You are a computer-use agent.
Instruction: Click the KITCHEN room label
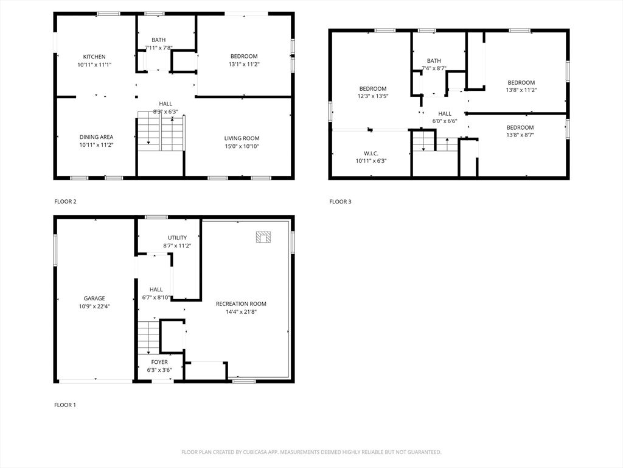pyautogui.click(x=94, y=57)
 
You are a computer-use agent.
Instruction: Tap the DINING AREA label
pyautogui.click(x=96, y=137)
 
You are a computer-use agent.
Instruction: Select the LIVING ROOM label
pyautogui.click(x=242, y=138)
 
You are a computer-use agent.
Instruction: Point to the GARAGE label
pyautogui.click(x=94, y=299)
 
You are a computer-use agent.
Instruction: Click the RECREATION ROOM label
pyautogui.click(x=241, y=304)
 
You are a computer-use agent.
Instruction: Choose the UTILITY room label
pyautogui.click(x=177, y=238)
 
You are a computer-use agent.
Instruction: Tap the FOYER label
pyautogui.click(x=159, y=362)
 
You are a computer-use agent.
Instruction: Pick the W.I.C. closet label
pyautogui.click(x=371, y=154)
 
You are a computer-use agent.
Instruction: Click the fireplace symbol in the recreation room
pyautogui.click(x=263, y=237)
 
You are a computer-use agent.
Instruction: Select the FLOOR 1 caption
pyautogui.click(x=65, y=405)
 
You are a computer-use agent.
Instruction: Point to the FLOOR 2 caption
pyautogui.click(x=66, y=202)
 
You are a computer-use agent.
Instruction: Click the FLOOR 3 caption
pyautogui.click(x=341, y=202)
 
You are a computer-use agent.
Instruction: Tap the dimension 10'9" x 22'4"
pyautogui.click(x=94, y=307)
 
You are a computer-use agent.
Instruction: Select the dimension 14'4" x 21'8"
pyautogui.click(x=241, y=312)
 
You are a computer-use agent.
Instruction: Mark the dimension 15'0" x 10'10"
pyautogui.click(x=242, y=146)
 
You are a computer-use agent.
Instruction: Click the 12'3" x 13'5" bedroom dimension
pyautogui.click(x=373, y=96)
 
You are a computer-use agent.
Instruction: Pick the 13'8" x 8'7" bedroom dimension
pyautogui.click(x=520, y=135)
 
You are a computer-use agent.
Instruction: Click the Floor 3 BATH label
pyautogui.click(x=434, y=61)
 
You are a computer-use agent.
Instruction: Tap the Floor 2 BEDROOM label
pyautogui.click(x=244, y=57)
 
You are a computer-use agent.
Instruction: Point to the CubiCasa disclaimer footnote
pyautogui.click(x=311, y=452)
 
